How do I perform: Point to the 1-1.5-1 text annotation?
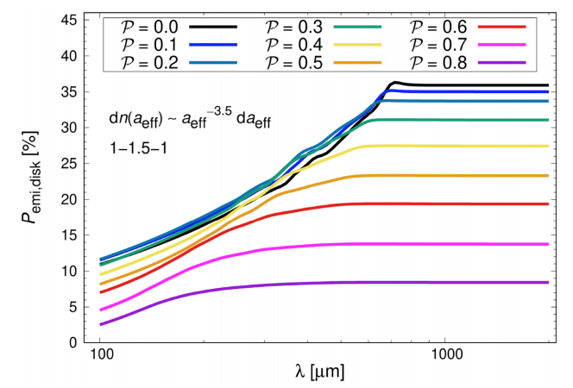pos(134,148)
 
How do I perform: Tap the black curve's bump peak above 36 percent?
pos(394,83)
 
